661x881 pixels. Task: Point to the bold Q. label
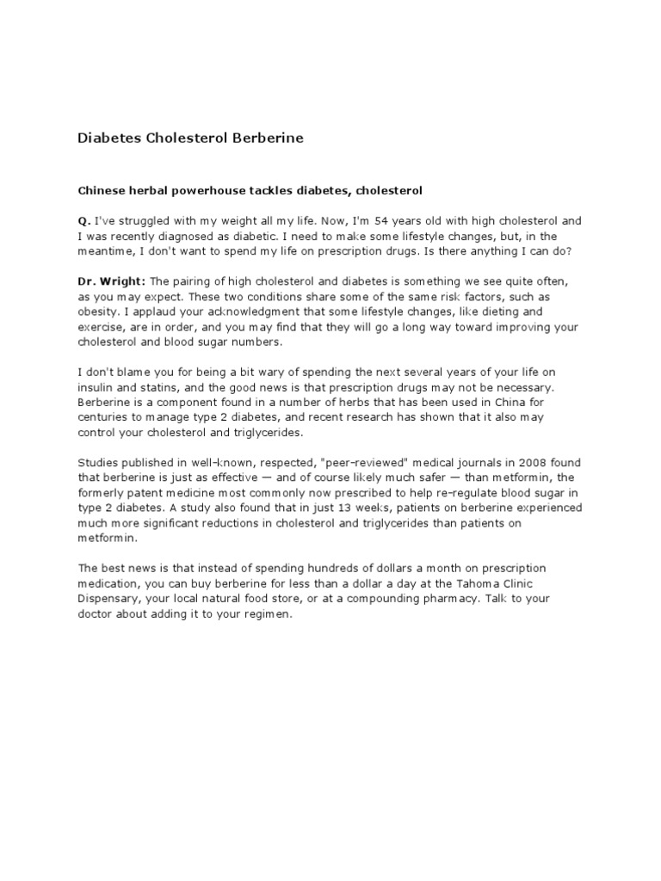click(83, 220)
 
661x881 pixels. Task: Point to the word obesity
click(100, 311)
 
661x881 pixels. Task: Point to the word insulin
click(94, 387)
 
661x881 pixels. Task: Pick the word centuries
click(103, 418)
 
